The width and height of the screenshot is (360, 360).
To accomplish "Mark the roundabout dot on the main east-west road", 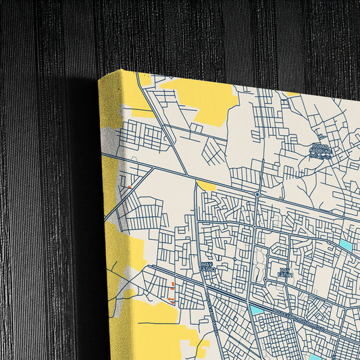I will [257, 195].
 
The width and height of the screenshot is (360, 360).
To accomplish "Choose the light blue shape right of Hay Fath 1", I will [346, 245].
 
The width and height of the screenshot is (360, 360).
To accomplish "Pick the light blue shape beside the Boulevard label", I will [257, 310].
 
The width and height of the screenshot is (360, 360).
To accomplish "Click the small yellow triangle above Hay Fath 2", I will [205, 185].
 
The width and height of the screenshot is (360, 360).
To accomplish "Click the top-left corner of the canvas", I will [99, 78].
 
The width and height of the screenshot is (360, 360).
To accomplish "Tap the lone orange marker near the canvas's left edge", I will [128, 186].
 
